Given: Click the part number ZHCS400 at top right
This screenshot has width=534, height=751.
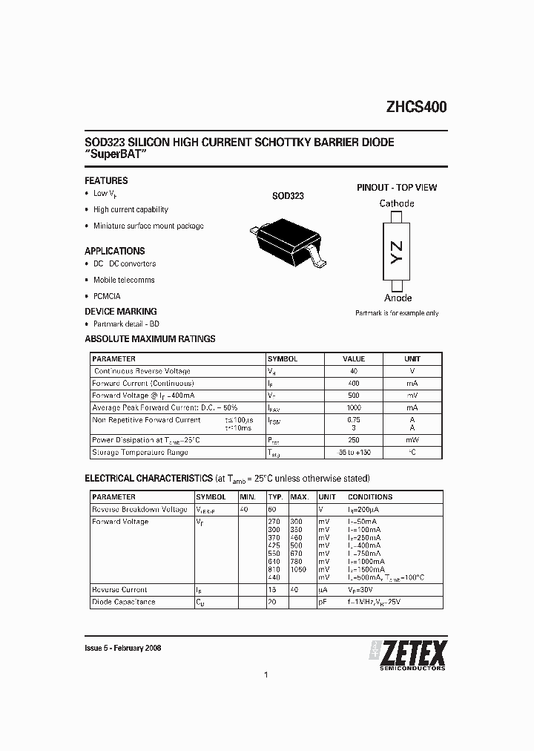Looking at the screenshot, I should pyautogui.click(x=415, y=107).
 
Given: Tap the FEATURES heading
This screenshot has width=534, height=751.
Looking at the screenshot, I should pyautogui.click(x=106, y=180).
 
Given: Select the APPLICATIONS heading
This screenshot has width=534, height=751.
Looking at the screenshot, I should pyautogui.click(x=114, y=251).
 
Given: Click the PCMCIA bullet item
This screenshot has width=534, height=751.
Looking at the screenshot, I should pyautogui.click(x=107, y=296).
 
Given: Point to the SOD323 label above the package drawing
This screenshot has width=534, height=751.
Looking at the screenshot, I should pyautogui.click(x=288, y=197).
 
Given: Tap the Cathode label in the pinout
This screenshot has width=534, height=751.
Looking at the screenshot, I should pyautogui.click(x=397, y=203).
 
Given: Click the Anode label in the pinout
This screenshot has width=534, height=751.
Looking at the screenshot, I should pyautogui.click(x=398, y=298).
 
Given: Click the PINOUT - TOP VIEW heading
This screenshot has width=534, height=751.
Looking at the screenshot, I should pyautogui.click(x=397, y=188).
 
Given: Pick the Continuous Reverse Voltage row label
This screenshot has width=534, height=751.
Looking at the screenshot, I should pyautogui.click(x=142, y=371).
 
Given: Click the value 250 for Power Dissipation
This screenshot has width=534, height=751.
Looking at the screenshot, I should pyautogui.click(x=354, y=440).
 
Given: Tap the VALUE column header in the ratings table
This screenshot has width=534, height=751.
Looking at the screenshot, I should pyautogui.click(x=354, y=359).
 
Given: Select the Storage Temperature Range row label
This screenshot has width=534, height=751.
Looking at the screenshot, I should pyautogui.click(x=139, y=452).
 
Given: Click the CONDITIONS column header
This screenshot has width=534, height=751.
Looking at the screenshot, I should pyautogui.click(x=370, y=497).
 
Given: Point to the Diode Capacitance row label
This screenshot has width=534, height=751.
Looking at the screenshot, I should pyautogui.click(x=123, y=602).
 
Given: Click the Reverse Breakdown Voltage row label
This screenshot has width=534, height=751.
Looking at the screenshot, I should pyautogui.click(x=139, y=510).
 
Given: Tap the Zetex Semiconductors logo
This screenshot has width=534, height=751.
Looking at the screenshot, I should pyautogui.click(x=408, y=653).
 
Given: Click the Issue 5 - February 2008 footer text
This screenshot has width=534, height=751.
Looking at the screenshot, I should pyautogui.click(x=123, y=648).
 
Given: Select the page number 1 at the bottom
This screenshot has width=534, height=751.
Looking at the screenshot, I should pyautogui.click(x=266, y=675).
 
